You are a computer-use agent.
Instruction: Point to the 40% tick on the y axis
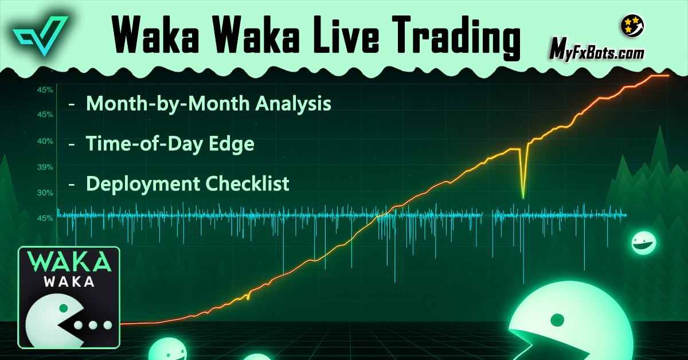point(46,141)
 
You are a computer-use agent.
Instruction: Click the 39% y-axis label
point(46,167)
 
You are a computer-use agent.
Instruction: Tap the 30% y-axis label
point(46,193)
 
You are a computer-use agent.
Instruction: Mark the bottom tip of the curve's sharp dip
point(523,198)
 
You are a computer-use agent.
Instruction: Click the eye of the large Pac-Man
point(554,319)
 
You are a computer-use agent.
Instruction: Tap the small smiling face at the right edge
point(643,242)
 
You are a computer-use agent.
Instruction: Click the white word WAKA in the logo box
point(69,283)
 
